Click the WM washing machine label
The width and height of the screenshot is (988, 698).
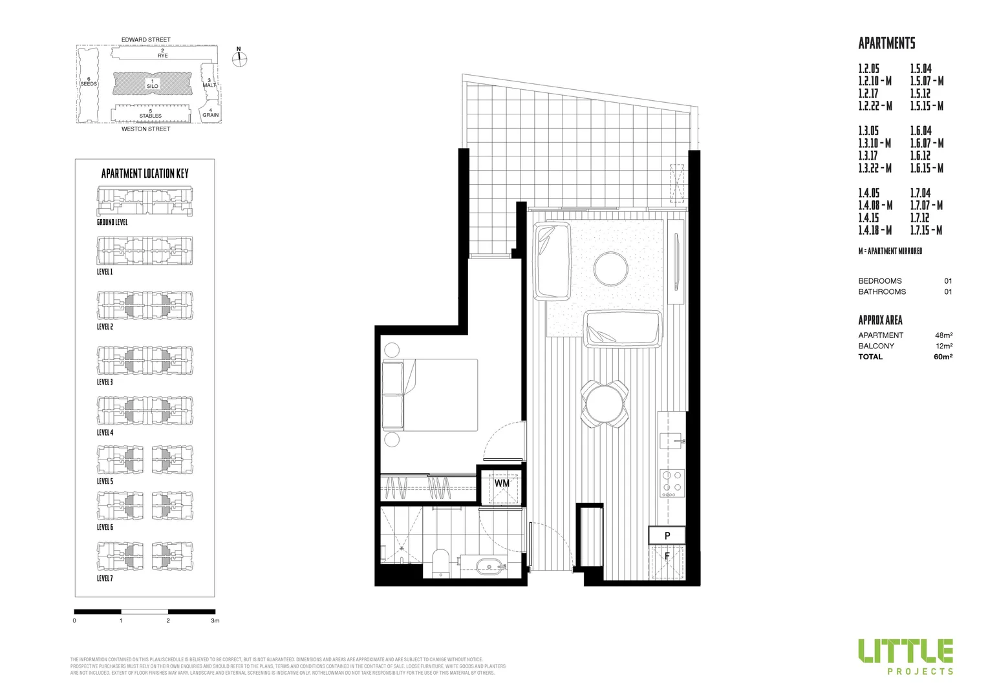tap(502, 483)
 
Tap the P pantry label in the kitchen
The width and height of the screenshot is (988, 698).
tap(667, 535)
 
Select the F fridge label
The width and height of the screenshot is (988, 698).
tap(667, 555)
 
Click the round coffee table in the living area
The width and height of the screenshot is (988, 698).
tap(610, 268)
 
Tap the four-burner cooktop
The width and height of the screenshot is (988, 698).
tap(672, 481)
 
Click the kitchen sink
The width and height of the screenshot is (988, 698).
tap(672, 441)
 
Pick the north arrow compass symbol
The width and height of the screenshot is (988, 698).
tap(239, 57)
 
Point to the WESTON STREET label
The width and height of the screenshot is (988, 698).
tap(146, 129)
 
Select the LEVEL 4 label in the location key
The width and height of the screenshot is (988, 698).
tap(105, 432)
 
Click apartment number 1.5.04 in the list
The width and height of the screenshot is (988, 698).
tap(921, 69)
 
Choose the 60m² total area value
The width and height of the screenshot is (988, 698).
tap(943, 357)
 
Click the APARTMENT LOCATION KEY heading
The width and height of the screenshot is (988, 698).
tap(145, 173)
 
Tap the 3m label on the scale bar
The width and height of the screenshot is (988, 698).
tap(215, 620)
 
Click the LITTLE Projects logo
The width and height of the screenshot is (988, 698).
tap(905, 656)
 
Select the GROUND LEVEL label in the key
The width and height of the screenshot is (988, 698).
tap(112, 222)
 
